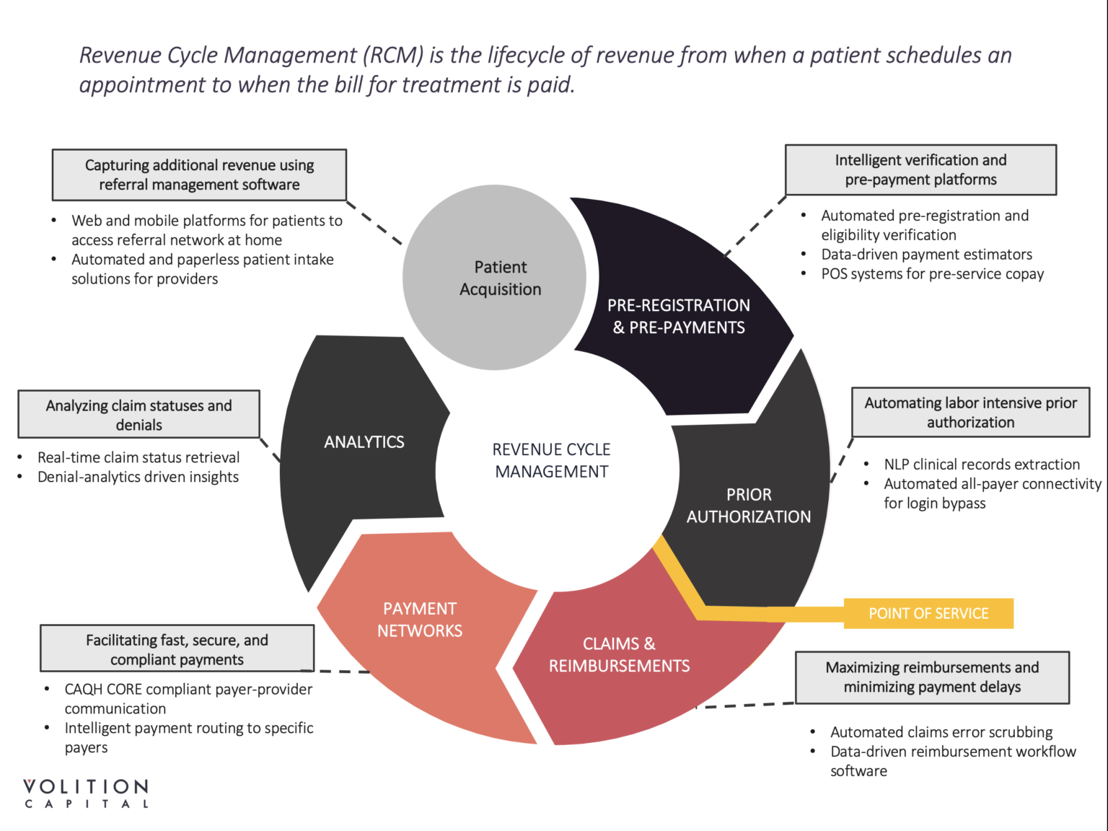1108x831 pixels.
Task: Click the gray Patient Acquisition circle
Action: [x=494, y=278]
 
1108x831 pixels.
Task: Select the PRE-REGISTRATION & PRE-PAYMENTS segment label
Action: [x=679, y=317]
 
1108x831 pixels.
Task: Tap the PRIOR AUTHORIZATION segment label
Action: [x=749, y=506]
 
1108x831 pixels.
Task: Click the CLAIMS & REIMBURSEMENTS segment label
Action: [x=619, y=655]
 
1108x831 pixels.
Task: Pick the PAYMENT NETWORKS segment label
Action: [x=420, y=620]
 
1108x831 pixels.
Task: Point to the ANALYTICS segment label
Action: [x=364, y=442]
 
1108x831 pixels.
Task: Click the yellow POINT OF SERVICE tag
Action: [x=928, y=614]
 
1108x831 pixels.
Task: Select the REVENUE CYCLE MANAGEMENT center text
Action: [x=552, y=460]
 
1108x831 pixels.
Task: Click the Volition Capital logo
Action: [x=86, y=793]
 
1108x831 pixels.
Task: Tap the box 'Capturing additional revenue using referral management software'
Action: [x=199, y=175]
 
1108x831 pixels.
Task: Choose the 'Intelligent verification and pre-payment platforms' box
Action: [x=920, y=170]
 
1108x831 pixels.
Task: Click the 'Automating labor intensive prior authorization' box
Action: [x=970, y=413]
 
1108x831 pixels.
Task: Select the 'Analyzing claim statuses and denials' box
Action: [x=138, y=415]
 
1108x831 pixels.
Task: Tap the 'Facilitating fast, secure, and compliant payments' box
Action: [x=177, y=649]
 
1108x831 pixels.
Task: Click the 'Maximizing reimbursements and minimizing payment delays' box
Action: [x=932, y=677]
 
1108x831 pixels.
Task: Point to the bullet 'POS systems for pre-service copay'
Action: [x=932, y=274]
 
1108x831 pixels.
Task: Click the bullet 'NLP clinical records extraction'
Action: [x=982, y=465]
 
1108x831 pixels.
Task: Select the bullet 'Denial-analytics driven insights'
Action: [x=138, y=477]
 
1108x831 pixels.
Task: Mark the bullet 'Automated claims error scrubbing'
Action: [x=941, y=732]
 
